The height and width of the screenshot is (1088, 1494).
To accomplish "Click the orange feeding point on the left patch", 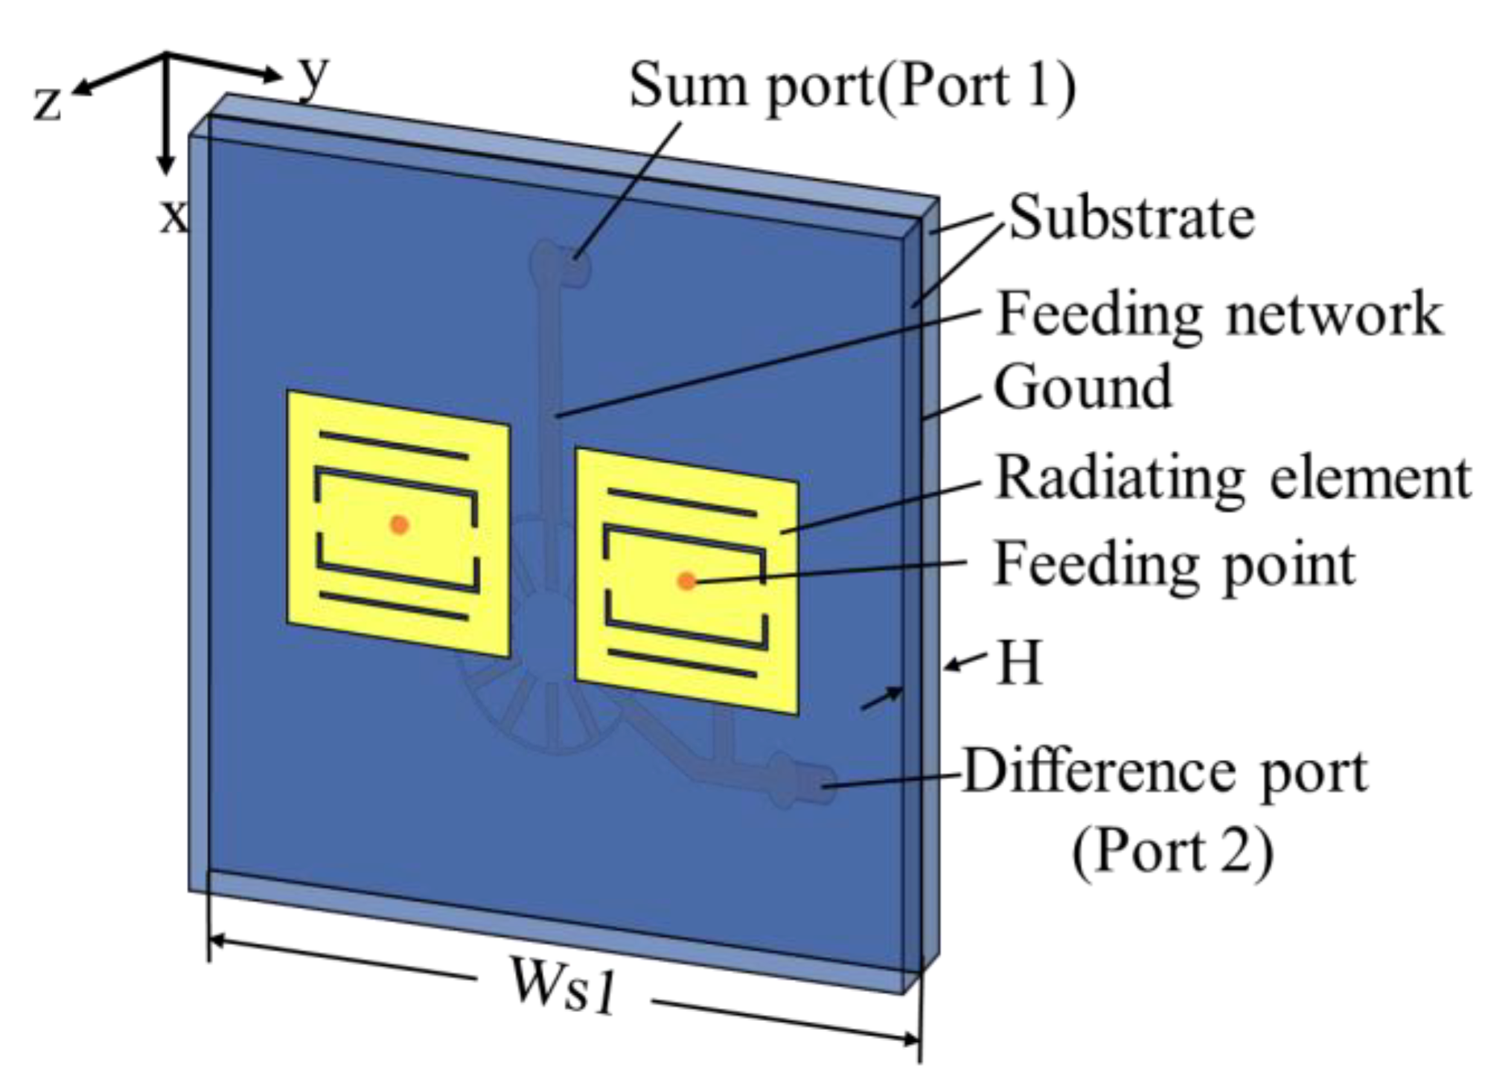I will coord(400,525).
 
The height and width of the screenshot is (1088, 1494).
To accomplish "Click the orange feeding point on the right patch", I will coord(686,581).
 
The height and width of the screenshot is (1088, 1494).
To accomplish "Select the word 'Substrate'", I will coord(1131,219).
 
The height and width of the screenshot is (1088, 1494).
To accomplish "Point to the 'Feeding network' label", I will coord(1219,315).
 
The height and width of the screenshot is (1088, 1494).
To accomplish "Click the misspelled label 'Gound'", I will coord(1083,388).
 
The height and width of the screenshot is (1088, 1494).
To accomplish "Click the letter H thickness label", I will coord(1019,662).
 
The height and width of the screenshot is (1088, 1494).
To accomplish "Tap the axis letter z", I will coord(47,103).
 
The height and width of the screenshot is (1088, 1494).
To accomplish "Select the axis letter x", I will coord(173,216).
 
